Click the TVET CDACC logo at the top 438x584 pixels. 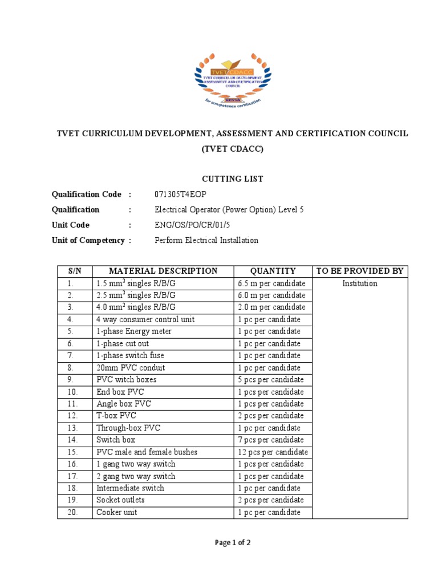pos(231,80)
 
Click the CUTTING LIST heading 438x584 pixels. pos(232,179)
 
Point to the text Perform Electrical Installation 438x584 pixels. pos(206,241)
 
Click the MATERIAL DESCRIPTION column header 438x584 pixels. pos(163,271)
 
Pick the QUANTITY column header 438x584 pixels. pos(273,271)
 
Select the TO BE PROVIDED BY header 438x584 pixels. pos(360,271)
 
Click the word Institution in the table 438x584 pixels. pos(360,283)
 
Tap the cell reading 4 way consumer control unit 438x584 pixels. pos(145,319)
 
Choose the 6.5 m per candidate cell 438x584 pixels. pos(271,283)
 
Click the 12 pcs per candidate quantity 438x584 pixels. pos(272,452)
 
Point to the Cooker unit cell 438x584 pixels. pos(117,512)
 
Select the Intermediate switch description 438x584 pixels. pos(131,488)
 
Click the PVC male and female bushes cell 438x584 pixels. pos(147,452)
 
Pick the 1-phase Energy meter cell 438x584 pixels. pos(134,331)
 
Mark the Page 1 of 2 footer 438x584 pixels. pos(233,543)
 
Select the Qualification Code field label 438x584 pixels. pos(87,194)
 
